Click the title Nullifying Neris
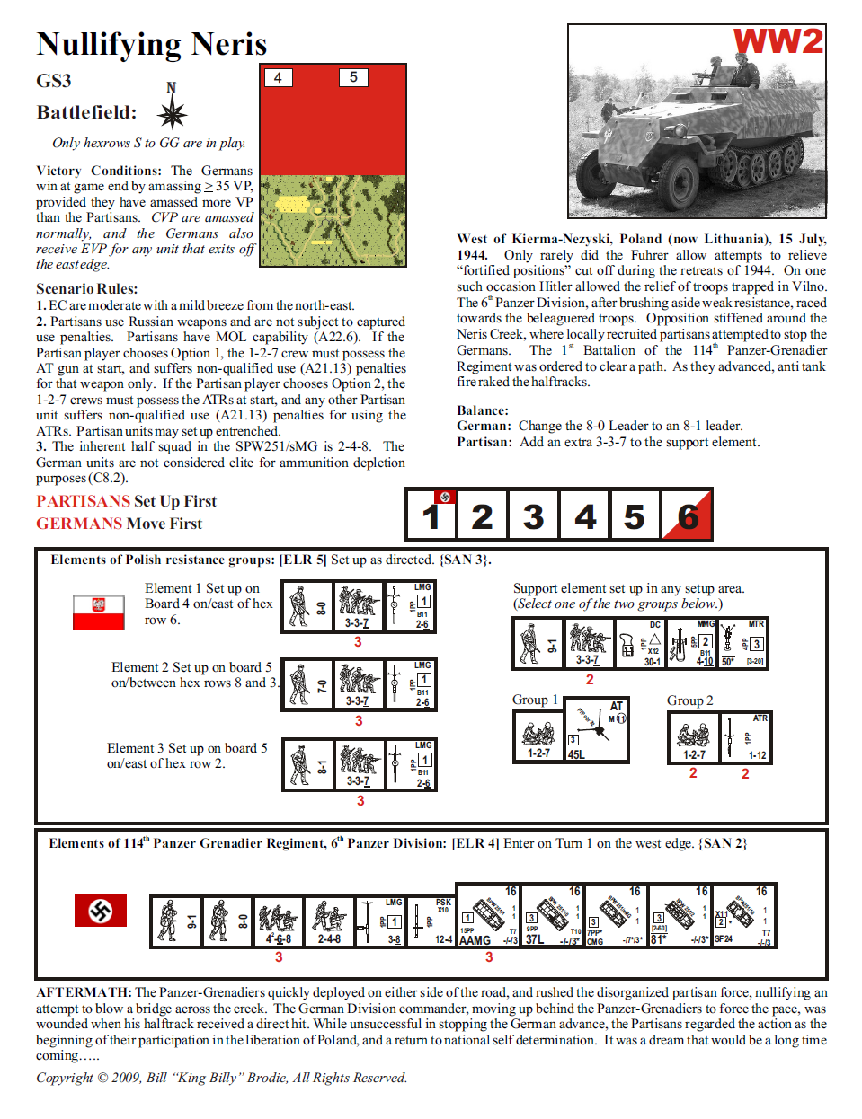152,44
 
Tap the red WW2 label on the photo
778,41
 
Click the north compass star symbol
172,113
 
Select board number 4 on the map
278,78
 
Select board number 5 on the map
353,77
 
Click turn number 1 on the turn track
431,515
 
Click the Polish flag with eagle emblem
98,612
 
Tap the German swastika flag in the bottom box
100,911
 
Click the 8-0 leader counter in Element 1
307,606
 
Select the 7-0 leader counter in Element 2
307,684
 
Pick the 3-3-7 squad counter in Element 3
359,764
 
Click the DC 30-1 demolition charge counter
640,643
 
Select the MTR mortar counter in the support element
742,643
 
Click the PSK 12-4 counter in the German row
431,921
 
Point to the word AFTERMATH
84,992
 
